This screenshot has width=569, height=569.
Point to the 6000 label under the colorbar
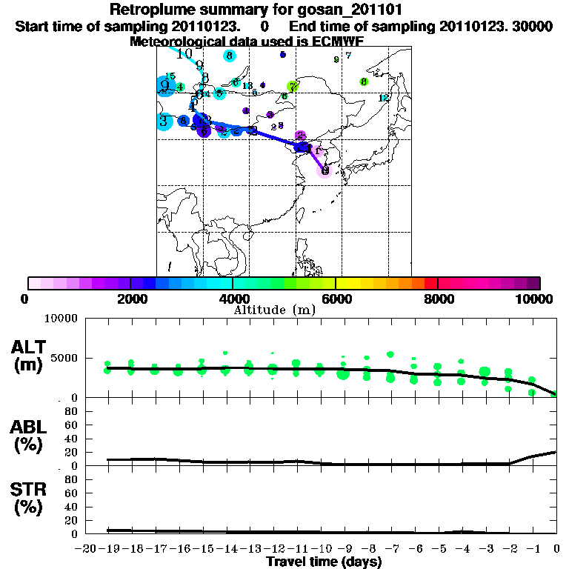click(x=336, y=299)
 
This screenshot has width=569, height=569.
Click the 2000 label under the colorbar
click(x=130, y=299)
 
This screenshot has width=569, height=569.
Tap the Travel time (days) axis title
click(x=324, y=562)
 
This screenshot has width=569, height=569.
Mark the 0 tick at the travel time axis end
click(x=557, y=549)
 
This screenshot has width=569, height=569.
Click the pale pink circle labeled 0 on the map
click(x=325, y=170)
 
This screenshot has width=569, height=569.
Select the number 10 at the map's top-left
click(x=184, y=53)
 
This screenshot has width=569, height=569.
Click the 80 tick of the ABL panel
click(x=70, y=411)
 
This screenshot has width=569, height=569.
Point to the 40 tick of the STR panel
click(x=70, y=507)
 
